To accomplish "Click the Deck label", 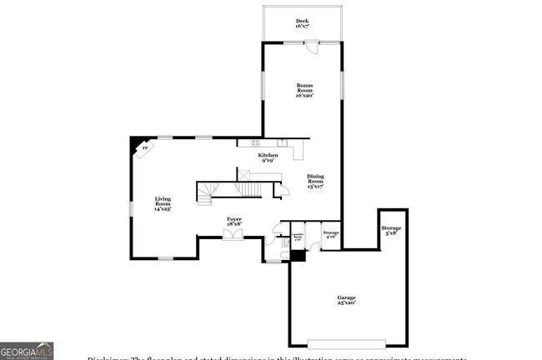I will coord(301,23).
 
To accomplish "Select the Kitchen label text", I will coord(268,158).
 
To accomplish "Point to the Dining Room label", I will coord(315,181).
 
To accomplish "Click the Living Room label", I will coord(162,204).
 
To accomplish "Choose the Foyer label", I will coord(235,221).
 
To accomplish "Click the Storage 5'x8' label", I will coord(391,231).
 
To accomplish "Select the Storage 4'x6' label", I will coord(331,235).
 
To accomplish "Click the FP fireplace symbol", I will coord(144,147).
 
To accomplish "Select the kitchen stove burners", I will coord(283,143).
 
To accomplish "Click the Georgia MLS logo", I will coord(27,351).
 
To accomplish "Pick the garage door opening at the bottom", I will coord(347,342).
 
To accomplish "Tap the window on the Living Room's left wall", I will coord(130,207).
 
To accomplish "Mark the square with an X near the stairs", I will coord(244,173).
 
